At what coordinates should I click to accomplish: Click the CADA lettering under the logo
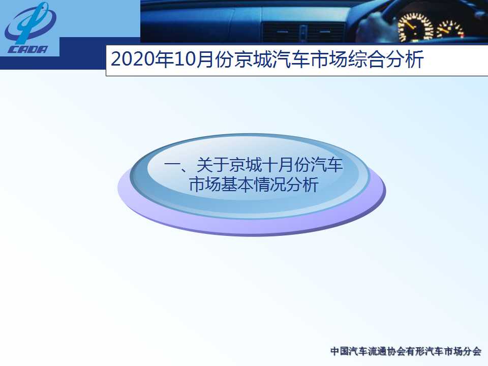(x=27, y=49)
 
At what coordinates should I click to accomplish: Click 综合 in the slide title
(x=367, y=59)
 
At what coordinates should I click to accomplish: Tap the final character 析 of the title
(x=415, y=59)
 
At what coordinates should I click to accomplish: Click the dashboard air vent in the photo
(x=303, y=32)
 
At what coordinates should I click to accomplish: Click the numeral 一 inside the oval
(x=172, y=165)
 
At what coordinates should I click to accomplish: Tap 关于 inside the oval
(x=212, y=165)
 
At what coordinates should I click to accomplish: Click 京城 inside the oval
(x=245, y=165)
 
